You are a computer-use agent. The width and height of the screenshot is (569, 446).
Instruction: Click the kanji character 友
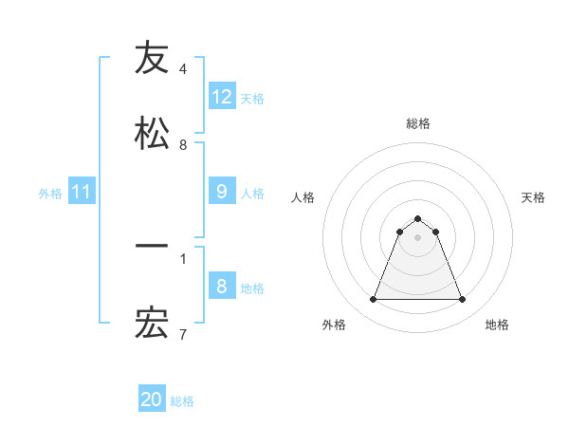[x=152, y=58]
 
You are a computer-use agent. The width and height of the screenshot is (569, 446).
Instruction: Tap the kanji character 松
[x=152, y=134]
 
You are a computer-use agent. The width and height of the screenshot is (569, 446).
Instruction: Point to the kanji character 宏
[x=152, y=324]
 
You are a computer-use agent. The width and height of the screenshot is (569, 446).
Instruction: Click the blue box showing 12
[x=222, y=96]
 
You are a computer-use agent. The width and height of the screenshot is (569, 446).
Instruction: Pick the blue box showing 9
[x=222, y=191]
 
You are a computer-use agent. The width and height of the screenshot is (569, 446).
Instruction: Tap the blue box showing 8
[x=222, y=286]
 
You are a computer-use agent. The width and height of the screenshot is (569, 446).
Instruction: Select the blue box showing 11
[x=82, y=192]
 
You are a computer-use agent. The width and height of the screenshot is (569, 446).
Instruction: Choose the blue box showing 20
[x=152, y=400]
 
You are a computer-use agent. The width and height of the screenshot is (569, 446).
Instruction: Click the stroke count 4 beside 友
[x=183, y=69]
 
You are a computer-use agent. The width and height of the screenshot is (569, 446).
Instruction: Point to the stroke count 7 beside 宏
[x=183, y=335]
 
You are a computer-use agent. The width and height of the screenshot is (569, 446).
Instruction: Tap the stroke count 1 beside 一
[x=183, y=258]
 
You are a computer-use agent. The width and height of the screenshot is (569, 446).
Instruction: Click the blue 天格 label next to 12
[x=252, y=98]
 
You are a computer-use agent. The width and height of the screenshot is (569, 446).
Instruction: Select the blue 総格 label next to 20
[x=182, y=401]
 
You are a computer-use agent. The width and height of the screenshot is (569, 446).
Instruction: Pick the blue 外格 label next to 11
[x=50, y=194]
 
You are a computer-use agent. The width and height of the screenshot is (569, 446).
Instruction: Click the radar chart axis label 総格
[x=417, y=123]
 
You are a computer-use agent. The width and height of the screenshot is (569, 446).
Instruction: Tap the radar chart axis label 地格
[x=497, y=325]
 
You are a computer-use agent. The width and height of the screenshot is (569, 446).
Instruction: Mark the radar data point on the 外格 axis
[x=373, y=300]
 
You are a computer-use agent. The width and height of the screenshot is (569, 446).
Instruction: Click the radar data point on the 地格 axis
[x=463, y=300]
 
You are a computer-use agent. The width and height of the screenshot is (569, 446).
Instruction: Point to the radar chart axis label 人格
[x=303, y=197]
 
